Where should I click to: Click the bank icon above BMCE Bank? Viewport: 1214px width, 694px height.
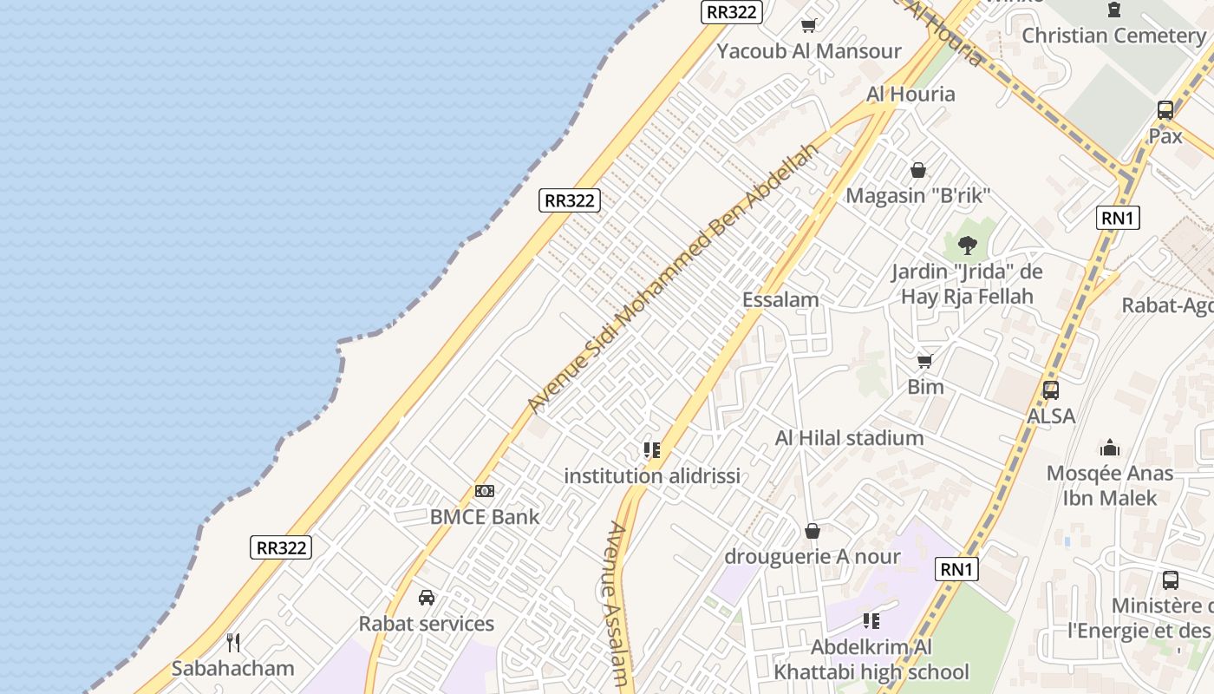click(485, 491)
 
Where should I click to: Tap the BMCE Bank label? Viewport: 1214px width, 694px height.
click(485, 517)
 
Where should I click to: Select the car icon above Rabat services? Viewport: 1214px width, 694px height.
click(427, 598)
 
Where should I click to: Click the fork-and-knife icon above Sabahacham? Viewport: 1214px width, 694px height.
click(232, 643)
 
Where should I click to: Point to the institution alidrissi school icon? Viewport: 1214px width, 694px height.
click(651, 450)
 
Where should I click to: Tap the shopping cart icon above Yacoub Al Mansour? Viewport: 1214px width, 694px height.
click(809, 26)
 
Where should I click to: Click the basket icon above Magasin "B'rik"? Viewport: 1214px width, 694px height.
click(918, 170)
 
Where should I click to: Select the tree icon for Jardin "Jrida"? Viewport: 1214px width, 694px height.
click(968, 246)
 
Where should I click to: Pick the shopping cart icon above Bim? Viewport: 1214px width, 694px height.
click(925, 361)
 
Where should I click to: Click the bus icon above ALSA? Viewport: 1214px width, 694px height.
click(1051, 390)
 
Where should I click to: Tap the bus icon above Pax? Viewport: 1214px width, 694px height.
click(1165, 110)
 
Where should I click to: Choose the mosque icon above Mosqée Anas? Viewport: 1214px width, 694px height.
click(1110, 448)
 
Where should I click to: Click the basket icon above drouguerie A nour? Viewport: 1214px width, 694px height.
click(813, 530)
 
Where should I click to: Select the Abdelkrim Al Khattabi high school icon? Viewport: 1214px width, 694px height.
click(871, 621)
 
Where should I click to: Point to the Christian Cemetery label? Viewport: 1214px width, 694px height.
click(1113, 36)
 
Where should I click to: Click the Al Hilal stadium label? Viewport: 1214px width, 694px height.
click(849, 438)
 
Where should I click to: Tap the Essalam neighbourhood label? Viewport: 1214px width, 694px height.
click(780, 300)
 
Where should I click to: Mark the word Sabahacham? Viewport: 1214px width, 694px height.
click(232, 669)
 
